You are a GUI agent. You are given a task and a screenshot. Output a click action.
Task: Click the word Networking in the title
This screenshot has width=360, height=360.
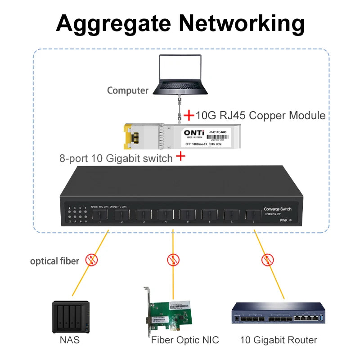click(x=241, y=23)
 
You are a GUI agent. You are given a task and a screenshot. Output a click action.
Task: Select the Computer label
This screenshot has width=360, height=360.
click(x=127, y=90)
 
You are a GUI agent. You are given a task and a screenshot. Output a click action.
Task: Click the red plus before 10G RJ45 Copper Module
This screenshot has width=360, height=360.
click(x=189, y=116)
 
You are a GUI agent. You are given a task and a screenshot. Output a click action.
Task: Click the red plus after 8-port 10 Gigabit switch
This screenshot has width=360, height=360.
click(x=180, y=157)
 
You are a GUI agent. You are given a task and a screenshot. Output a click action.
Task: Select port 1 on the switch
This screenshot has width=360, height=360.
click(x=100, y=215)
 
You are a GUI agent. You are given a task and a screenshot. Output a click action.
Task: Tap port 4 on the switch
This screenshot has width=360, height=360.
click(x=166, y=215)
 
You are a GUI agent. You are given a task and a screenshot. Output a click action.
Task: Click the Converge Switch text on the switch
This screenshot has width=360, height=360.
click(x=278, y=209)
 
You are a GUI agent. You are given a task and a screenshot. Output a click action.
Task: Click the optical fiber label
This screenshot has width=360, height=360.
click(x=54, y=261)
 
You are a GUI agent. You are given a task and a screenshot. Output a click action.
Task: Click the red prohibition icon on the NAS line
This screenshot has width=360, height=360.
click(x=92, y=260)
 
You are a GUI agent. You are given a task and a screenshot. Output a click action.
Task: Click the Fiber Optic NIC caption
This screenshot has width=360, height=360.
click(x=185, y=340)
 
